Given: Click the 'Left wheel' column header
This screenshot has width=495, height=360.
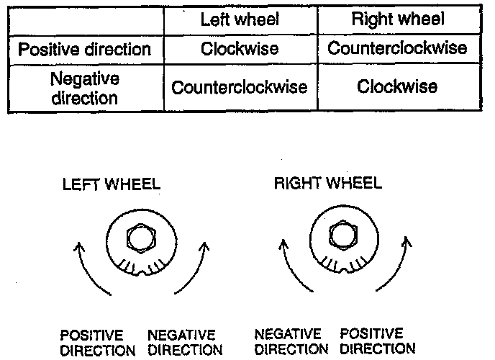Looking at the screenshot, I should (239, 20).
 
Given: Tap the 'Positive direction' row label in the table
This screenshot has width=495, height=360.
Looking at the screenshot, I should (85, 50).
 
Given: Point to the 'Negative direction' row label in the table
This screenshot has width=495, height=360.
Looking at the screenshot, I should (85, 87).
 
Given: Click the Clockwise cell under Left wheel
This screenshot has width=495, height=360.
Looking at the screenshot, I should (239, 50).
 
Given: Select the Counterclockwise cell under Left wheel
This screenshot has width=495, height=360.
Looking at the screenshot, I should (239, 87).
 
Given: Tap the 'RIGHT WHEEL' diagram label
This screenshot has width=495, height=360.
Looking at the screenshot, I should (327, 184).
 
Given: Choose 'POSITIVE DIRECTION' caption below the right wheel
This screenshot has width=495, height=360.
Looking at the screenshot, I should (377, 342).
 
